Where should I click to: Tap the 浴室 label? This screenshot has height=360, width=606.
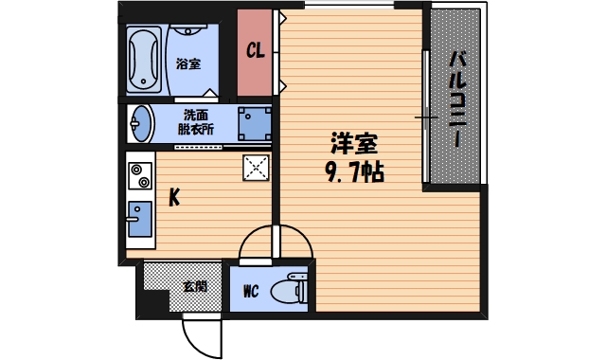click(x=188, y=64)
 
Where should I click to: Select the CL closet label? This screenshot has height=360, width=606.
click(x=255, y=51)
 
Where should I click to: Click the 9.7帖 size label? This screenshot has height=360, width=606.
click(x=354, y=173)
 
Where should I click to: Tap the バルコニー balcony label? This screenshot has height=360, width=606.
click(x=455, y=98)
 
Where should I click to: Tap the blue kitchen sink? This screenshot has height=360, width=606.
click(x=139, y=219)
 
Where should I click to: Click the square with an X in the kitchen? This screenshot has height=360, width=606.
click(x=257, y=168)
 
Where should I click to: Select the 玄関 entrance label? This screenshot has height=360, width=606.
click(x=194, y=285)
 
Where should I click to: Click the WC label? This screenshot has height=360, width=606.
click(x=251, y=291)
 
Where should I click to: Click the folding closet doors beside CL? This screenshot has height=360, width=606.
click(x=278, y=52)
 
